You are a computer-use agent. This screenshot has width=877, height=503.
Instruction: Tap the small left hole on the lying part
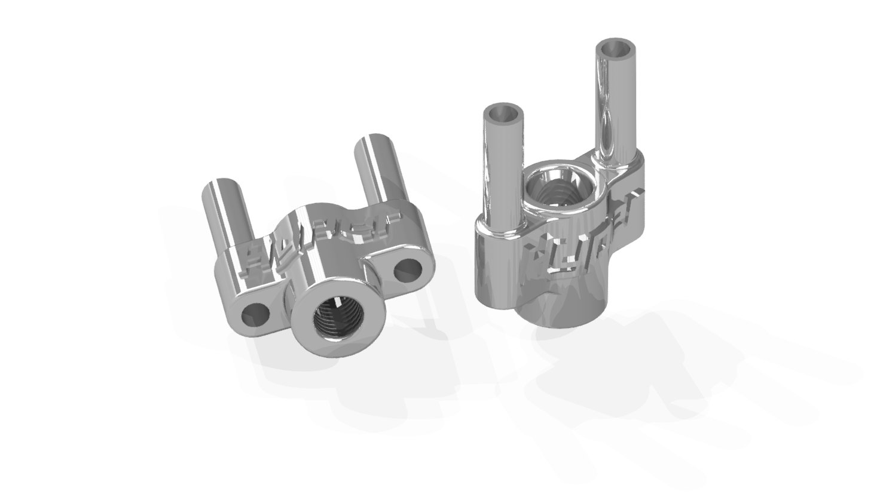[x=257, y=314]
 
